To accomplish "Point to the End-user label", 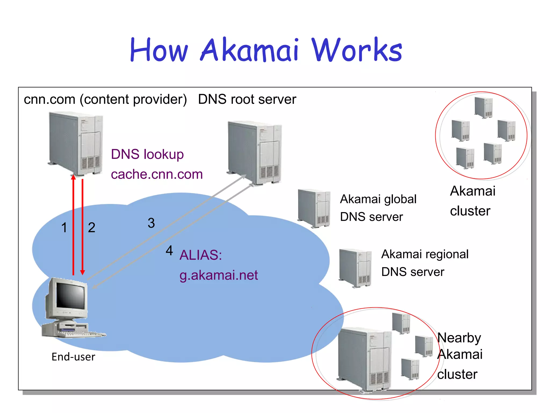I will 73,357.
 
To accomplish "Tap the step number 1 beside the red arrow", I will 64,228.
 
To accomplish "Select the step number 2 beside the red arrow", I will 92,228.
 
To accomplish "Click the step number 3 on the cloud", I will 151,223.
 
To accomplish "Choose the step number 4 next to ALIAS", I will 169,251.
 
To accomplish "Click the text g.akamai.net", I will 218,275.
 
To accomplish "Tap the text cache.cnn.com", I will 157,174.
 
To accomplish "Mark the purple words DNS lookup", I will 147,154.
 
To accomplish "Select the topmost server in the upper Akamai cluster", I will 484,107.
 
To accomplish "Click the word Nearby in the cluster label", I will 459,338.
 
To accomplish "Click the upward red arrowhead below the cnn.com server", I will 73,177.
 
